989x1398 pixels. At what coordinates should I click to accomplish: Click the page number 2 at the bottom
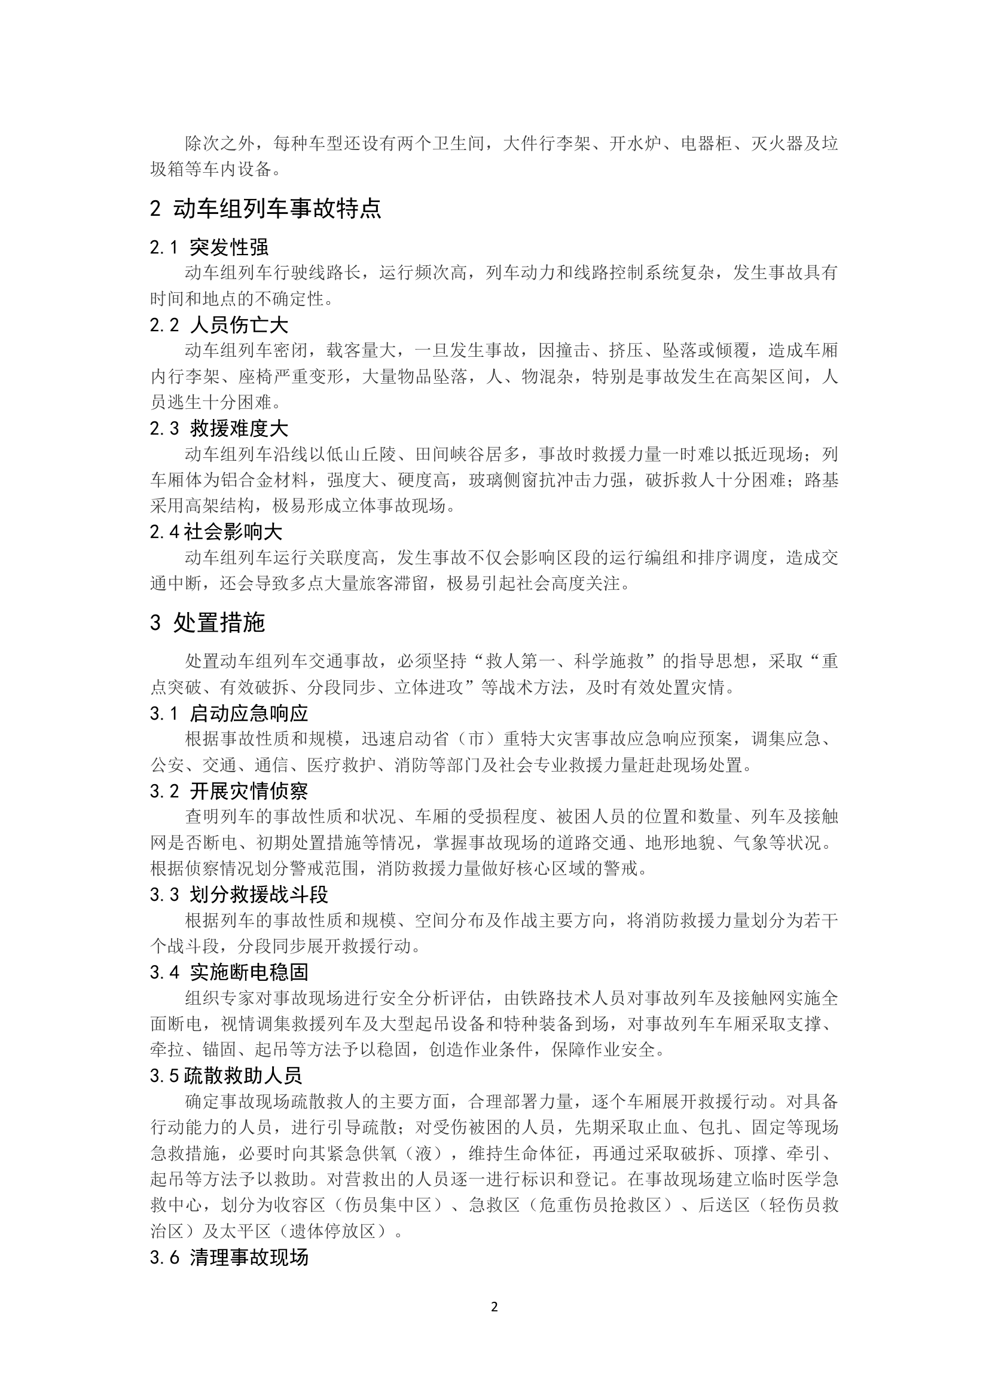(494, 1307)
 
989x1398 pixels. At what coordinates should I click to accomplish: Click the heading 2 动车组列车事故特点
(265, 209)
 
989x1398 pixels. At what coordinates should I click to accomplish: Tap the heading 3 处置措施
(207, 623)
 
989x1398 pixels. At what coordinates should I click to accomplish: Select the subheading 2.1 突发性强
(209, 247)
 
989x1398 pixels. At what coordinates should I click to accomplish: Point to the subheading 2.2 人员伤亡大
(219, 325)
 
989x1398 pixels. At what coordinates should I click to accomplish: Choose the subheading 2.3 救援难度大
(219, 429)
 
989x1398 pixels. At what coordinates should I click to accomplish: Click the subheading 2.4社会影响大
(216, 532)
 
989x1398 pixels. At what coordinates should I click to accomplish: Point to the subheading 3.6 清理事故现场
(229, 1258)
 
